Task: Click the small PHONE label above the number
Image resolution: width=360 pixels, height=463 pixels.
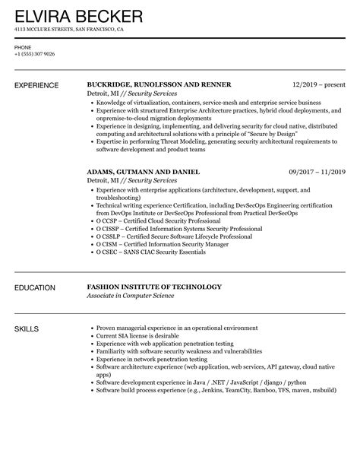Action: tap(23, 46)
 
